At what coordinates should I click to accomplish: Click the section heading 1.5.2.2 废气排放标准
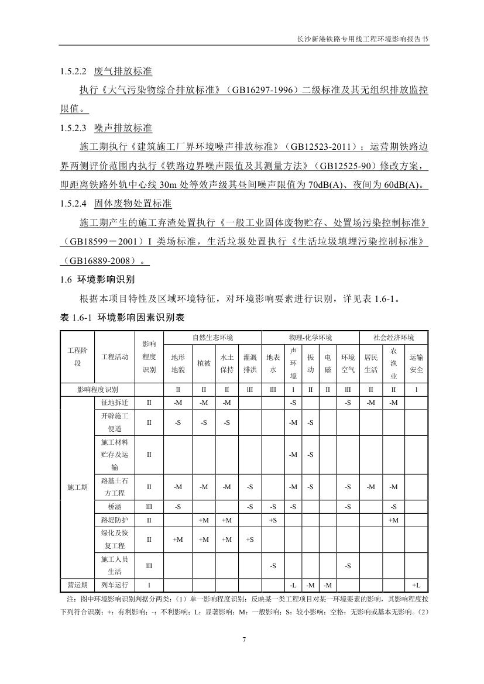106,71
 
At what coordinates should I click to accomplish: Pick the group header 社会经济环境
393,338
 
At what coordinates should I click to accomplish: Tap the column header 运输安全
416,363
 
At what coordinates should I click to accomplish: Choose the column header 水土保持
227,363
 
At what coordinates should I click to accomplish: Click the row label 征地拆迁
114,403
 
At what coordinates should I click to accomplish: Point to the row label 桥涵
114,506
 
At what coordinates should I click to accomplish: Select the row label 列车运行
114,585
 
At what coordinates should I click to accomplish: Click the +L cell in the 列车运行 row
416,585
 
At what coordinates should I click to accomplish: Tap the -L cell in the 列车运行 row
293,585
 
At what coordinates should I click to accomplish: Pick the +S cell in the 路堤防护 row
273,520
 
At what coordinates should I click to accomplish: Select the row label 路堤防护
114,520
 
